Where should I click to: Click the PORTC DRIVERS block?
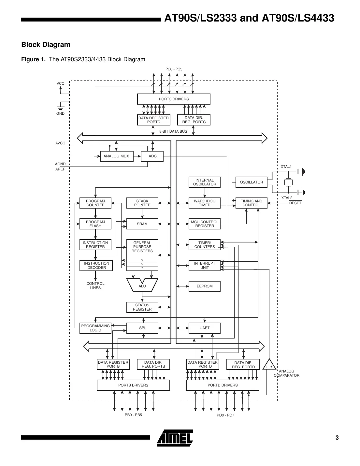pyautogui.click(x=174, y=99)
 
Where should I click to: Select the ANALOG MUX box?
pyautogui.click(x=116, y=156)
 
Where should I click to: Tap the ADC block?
pyautogui.click(x=152, y=156)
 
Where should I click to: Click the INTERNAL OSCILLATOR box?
pyautogui.click(x=204, y=182)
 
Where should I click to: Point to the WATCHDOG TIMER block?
pyautogui.click(x=204, y=203)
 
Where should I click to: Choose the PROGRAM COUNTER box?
pyautogui.click(x=95, y=203)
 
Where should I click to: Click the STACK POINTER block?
pyautogui.click(x=142, y=203)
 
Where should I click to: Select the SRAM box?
pyautogui.click(x=142, y=224)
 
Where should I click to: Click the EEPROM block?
pyautogui.click(x=204, y=286)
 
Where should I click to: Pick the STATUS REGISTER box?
pyautogui.click(x=142, y=307)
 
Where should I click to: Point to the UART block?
pyautogui.click(x=204, y=328)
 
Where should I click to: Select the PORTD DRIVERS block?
pyautogui.click(x=223, y=385)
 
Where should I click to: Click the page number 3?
pyautogui.click(x=337, y=438)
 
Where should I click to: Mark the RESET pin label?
pyautogui.click(x=295, y=203)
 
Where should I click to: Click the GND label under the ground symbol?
pyautogui.click(x=61, y=114)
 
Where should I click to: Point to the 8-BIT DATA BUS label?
pyautogui.click(x=173, y=131)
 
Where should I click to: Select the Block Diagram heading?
pyautogui.click(x=46, y=45)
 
